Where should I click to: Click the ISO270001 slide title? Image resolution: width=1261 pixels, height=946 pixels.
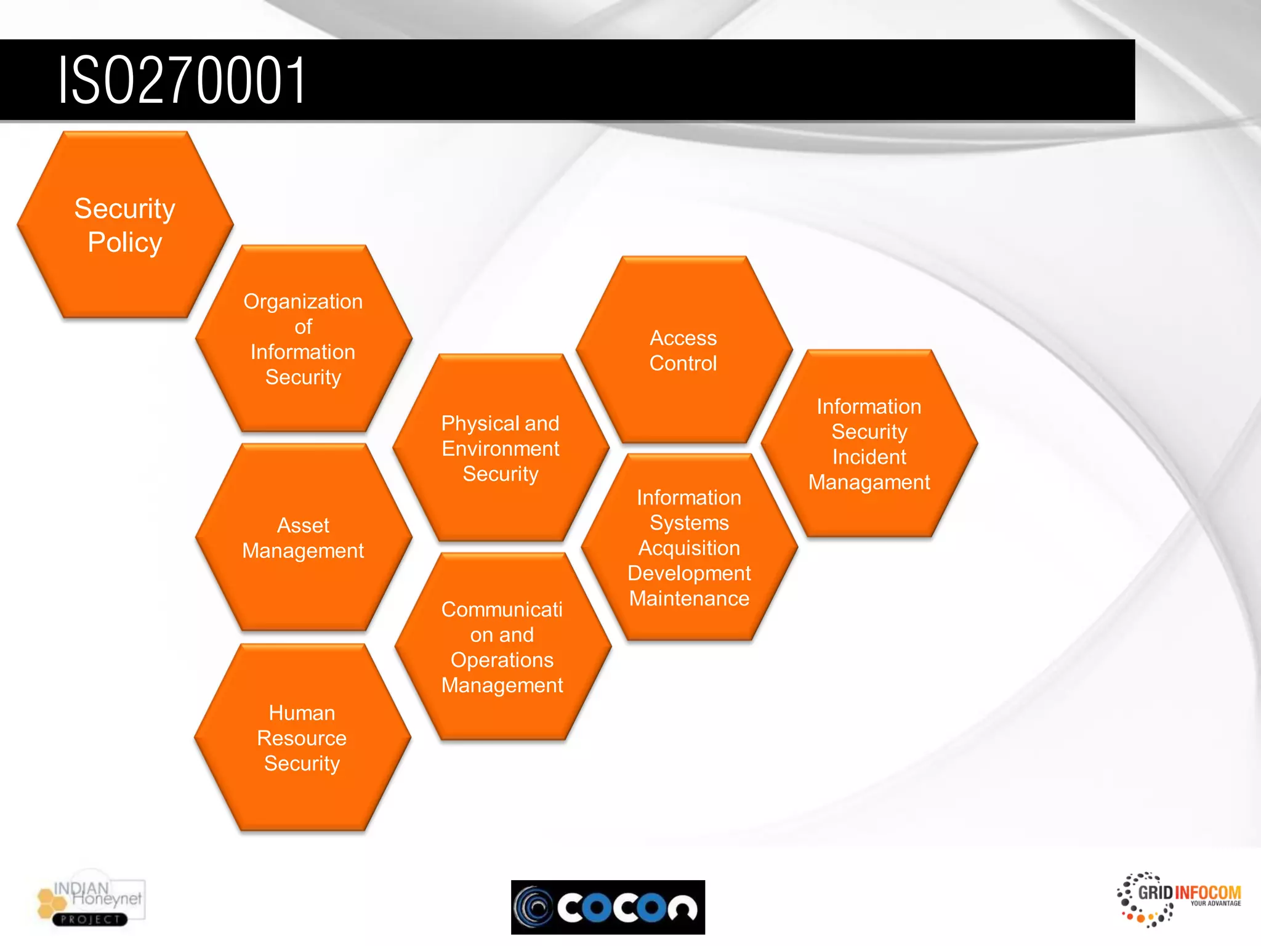click(182, 80)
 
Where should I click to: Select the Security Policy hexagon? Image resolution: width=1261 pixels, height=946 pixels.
click(125, 225)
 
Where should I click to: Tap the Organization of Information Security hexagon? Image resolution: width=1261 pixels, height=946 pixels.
click(303, 339)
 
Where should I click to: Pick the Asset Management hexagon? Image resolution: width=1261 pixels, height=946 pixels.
click(303, 538)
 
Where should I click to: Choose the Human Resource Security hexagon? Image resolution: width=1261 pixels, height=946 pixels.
click(302, 738)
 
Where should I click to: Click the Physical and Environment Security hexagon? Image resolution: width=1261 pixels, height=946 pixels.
click(501, 448)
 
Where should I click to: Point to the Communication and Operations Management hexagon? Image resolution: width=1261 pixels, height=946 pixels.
click(502, 647)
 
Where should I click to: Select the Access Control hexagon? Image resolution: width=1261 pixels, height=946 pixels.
click(683, 350)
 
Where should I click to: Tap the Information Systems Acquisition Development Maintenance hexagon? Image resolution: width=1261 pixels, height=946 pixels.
click(689, 548)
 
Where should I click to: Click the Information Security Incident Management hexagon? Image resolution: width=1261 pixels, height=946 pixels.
click(869, 444)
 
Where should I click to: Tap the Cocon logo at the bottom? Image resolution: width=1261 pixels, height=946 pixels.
click(608, 907)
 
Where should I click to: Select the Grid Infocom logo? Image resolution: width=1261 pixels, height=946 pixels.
click(1178, 899)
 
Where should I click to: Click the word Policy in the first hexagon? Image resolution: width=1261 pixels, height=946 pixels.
click(125, 243)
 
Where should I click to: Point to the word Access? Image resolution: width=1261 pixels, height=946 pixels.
click(683, 338)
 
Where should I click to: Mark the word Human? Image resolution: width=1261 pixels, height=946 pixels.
click(302, 713)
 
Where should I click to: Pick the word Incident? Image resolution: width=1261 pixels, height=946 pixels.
click(869, 457)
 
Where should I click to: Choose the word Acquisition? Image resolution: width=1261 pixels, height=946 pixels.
click(689, 548)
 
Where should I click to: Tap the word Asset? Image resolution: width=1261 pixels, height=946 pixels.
click(303, 525)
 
